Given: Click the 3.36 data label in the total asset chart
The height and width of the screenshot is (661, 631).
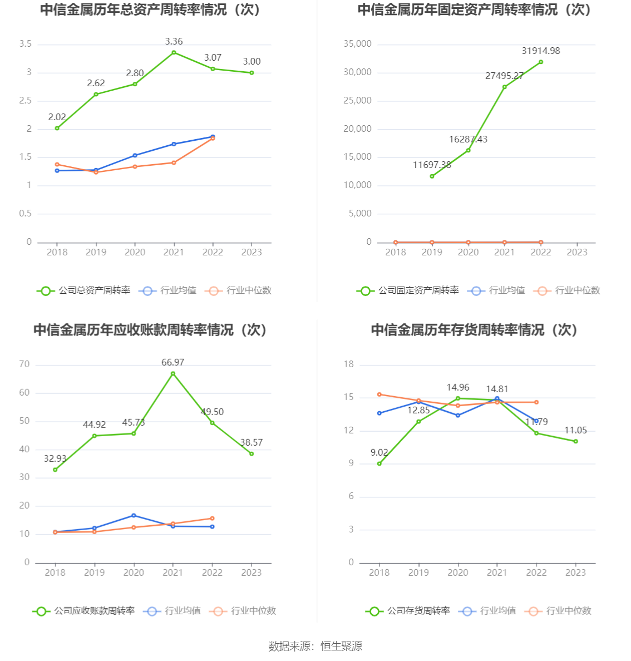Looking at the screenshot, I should pos(174,42).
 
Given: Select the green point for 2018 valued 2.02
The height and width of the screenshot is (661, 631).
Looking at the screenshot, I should pos(57,128).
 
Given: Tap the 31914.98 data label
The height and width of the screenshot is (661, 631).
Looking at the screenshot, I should pos(540,51).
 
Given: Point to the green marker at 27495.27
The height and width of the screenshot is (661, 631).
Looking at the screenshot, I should pos(505,87).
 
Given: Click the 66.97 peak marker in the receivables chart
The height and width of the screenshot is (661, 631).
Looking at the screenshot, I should pos(173,373).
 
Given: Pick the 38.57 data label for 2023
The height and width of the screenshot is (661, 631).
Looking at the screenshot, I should pos(251,443).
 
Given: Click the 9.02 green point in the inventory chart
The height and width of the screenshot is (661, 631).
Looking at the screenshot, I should pos(379,463).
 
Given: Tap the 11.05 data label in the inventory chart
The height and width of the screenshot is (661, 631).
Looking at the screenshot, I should pos(575,431).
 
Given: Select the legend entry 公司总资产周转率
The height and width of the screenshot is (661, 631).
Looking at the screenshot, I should pos(84,290).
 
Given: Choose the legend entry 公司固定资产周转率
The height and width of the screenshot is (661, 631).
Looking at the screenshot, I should pos(408,290).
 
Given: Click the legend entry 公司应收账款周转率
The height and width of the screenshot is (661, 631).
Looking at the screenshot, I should pos(84,611).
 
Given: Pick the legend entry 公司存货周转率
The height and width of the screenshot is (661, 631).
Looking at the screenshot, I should pos(408,611).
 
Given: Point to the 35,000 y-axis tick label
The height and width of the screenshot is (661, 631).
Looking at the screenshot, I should pos(357,44).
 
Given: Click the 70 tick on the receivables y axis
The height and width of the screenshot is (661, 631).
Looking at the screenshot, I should pos(24,364).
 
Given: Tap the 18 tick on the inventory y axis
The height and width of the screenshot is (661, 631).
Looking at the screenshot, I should pos(349,364).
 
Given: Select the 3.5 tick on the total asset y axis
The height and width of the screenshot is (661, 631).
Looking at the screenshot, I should pos(25,44).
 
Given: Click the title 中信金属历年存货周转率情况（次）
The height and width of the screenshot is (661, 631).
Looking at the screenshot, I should pos(475,330).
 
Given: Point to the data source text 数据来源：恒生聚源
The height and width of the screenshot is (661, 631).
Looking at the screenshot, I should pos(315,646).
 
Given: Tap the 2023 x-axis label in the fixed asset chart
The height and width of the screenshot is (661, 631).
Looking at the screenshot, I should pos(576,253).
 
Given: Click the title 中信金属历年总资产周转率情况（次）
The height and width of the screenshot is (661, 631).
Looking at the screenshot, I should pos(150,9).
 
